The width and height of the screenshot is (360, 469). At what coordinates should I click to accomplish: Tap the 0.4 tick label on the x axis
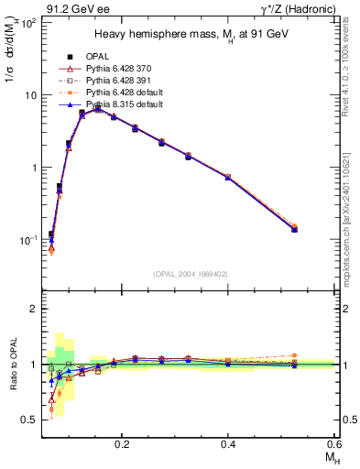[x=229, y=443]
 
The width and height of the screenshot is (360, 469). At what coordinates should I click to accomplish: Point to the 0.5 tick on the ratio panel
[x=30, y=420]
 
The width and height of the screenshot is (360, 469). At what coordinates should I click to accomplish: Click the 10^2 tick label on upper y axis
[x=27, y=22]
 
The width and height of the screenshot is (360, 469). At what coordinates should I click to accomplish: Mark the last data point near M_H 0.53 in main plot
[x=294, y=229]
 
